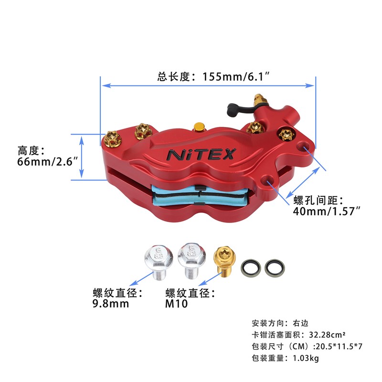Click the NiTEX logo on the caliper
[201, 154]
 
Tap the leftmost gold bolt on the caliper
[113, 138]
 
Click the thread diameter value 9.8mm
[111, 304]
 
